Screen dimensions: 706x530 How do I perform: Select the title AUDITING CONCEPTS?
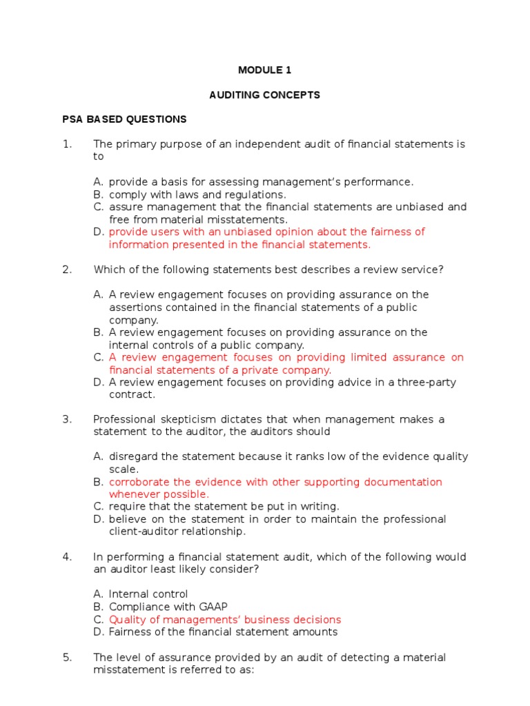click(265, 95)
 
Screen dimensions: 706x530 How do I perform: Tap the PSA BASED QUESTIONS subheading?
click(125, 119)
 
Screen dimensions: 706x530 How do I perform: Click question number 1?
click(67, 144)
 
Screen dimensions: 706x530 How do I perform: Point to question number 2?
click(67, 270)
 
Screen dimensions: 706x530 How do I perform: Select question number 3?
click(67, 419)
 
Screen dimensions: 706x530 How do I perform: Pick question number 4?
click(67, 556)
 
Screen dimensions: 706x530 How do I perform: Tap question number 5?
click(67, 657)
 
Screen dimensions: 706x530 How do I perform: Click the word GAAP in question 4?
click(212, 607)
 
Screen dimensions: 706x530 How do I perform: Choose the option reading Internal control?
click(148, 594)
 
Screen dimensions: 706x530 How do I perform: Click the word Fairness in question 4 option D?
click(130, 632)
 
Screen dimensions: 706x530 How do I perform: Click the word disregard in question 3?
click(132, 456)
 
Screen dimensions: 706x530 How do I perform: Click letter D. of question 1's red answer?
click(98, 232)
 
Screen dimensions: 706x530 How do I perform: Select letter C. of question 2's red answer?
click(98, 357)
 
